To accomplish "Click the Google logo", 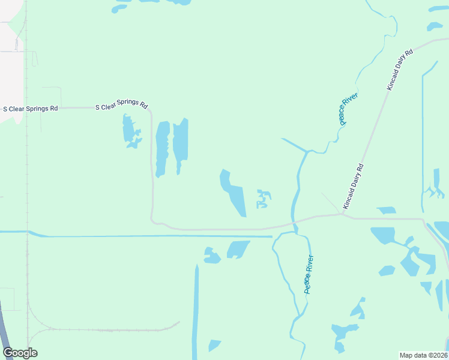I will click(20, 353).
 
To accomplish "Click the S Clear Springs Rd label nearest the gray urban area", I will click(31, 109).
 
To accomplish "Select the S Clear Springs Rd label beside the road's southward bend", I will click(122, 106).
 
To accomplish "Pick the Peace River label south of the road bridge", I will click(309, 274).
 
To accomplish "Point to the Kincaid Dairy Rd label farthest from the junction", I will click(400, 70).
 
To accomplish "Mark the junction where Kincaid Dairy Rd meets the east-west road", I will click(341, 215).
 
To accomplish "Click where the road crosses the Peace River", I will click(294, 223).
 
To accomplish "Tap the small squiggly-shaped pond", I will click(263, 199).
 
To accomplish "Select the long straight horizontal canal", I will click(150, 236).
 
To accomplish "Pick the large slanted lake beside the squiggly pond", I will click(232, 193).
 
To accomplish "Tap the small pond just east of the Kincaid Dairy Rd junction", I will click(386, 210).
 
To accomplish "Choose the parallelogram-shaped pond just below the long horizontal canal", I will click(238, 249).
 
